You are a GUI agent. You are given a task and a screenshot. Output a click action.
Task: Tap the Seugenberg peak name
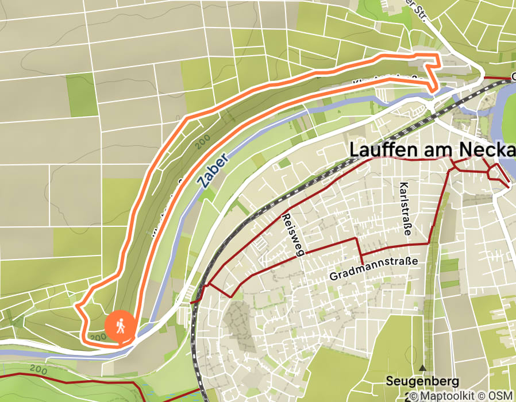click(422, 381)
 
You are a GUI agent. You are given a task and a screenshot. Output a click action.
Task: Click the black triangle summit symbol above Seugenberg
click(423, 368)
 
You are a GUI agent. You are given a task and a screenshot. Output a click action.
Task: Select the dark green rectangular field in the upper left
click(82, 95)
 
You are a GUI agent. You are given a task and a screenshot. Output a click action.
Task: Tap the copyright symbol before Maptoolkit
click(412, 396)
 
